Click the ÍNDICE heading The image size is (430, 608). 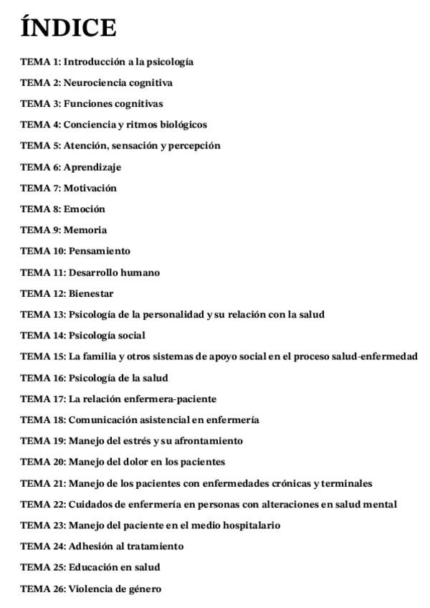[x=68, y=29]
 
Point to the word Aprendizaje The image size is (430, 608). [x=92, y=167]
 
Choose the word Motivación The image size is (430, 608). [x=90, y=188]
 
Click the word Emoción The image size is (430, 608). [x=84, y=209]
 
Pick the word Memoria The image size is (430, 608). [x=85, y=230]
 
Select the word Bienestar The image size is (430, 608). [x=91, y=293]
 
